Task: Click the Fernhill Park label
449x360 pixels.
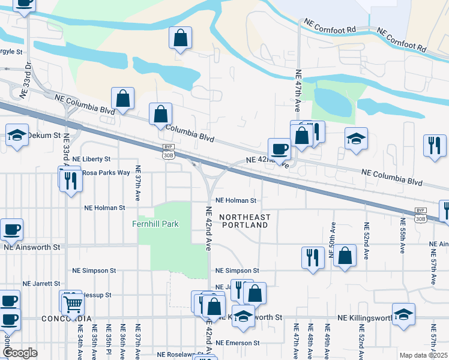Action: click(x=155, y=224)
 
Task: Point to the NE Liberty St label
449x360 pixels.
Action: click(x=92, y=159)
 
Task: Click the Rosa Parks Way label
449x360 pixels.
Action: click(x=106, y=173)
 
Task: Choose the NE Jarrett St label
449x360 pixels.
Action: click(x=41, y=283)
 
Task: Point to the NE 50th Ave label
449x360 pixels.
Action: click(x=332, y=237)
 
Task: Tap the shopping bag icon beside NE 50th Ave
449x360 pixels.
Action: click(x=345, y=256)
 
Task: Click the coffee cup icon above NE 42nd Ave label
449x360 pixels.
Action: click(x=279, y=148)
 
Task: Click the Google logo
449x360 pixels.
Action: click(x=20, y=353)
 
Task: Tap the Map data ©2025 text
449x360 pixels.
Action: click(x=423, y=355)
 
